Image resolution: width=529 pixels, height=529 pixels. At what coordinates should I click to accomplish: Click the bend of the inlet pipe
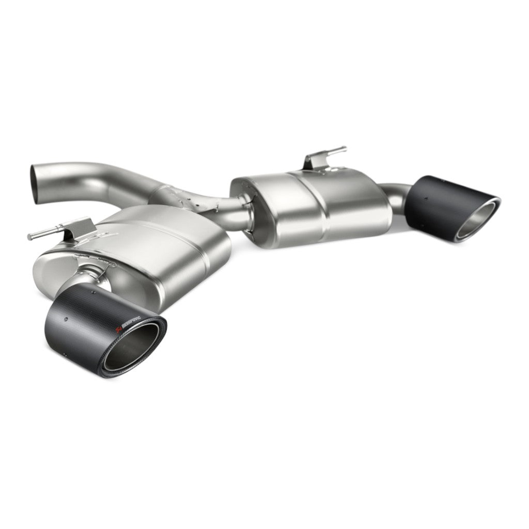click(98, 176)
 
